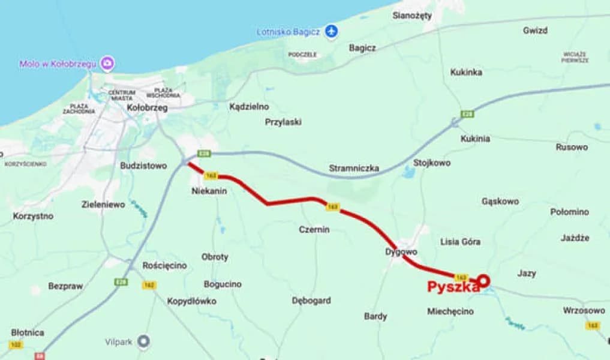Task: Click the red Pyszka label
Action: (x=453, y=287)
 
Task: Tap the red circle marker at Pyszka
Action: (x=483, y=280)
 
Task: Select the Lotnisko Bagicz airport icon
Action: (x=331, y=31)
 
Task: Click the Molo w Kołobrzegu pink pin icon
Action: (x=107, y=63)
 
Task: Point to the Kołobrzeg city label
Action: (x=148, y=108)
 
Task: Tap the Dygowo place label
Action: (x=401, y=252)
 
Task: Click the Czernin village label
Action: (x=314, y=229)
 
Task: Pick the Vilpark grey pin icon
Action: (x=143, y=342)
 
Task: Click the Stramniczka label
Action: (x=354, y=169)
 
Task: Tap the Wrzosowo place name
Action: (x=584, y=310)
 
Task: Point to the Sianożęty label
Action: (x=412, y=16)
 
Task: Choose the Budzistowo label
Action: (x=143, y=166)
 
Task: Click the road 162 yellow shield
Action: (x=149, y=285)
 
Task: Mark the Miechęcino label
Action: (x=450, y=311)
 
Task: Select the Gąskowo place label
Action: (x=500, y=202)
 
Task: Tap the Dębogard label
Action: (x=311, y=301)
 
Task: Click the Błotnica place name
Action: (x=28, y=332)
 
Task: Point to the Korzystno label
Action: (x=33, y=216)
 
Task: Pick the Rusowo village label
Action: (x=572, y=147)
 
